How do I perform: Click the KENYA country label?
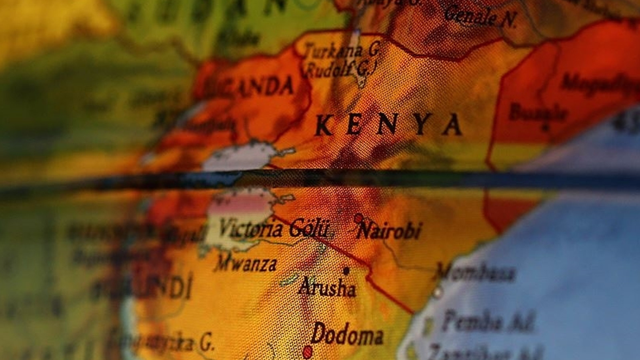[388, 125]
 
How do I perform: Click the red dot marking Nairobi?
[358, 218]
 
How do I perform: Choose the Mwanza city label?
[246, 264]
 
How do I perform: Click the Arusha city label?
[327, 288]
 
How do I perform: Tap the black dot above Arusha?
[346, 271]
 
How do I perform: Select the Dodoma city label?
[347, 335]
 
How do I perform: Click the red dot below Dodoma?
[307, 352]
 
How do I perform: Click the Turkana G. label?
[342, 51]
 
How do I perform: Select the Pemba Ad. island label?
[488, 321]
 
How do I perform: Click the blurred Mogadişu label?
[600, 83]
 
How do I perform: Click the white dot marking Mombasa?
[438, 292]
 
